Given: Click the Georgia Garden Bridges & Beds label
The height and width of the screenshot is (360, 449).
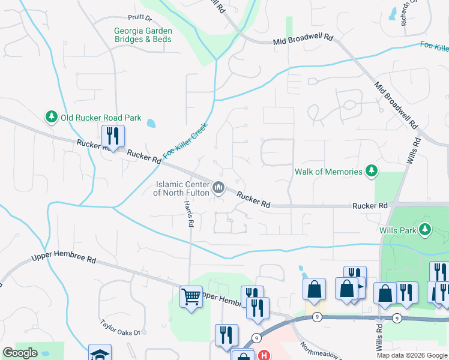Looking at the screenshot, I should point(143,35).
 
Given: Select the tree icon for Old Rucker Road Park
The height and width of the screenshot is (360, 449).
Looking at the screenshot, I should point(51,116).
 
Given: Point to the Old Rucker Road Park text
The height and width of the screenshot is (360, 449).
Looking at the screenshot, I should point(100,118).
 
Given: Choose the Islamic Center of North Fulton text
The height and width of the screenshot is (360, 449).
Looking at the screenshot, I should point(181,188).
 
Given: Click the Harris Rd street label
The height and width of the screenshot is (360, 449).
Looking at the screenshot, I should point(189,214).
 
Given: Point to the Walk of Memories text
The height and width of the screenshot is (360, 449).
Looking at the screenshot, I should point(329,172).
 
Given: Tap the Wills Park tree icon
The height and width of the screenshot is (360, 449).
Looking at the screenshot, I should point(426,229).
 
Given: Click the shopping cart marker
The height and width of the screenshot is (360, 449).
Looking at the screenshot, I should point(191,296).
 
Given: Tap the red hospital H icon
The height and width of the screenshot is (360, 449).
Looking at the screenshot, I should point(263,355).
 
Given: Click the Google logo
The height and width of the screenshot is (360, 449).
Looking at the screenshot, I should point(20,353).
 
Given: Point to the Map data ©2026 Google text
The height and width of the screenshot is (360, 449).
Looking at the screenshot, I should point(411,355).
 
